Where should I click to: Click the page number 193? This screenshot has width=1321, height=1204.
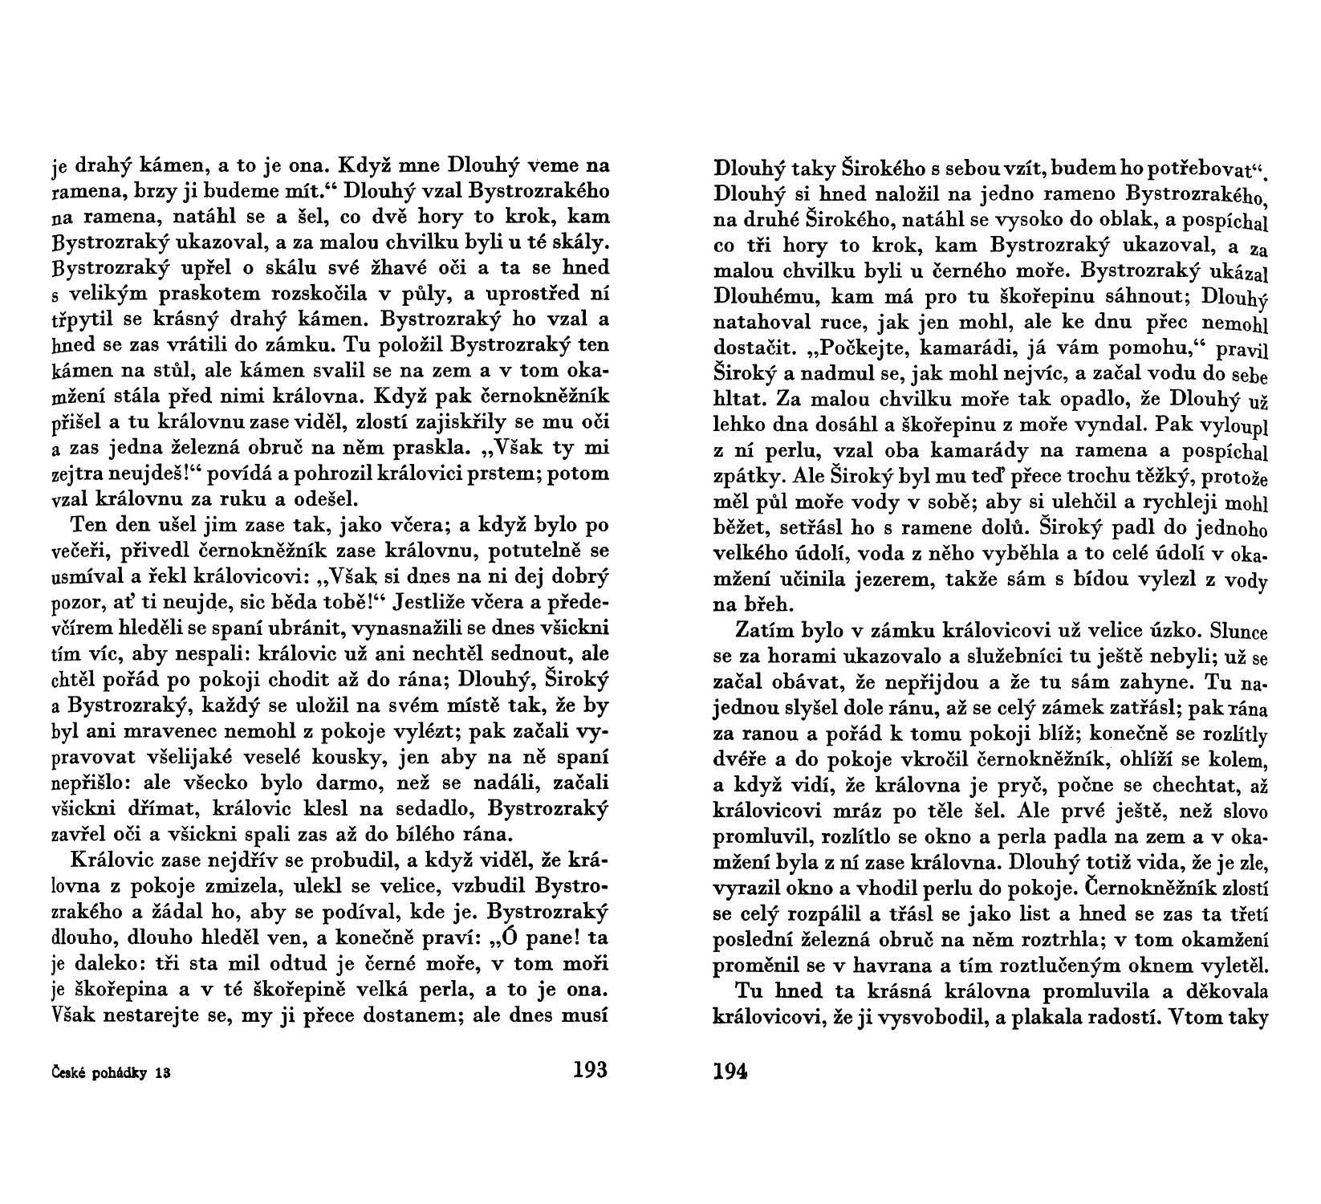pos(591,1069)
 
